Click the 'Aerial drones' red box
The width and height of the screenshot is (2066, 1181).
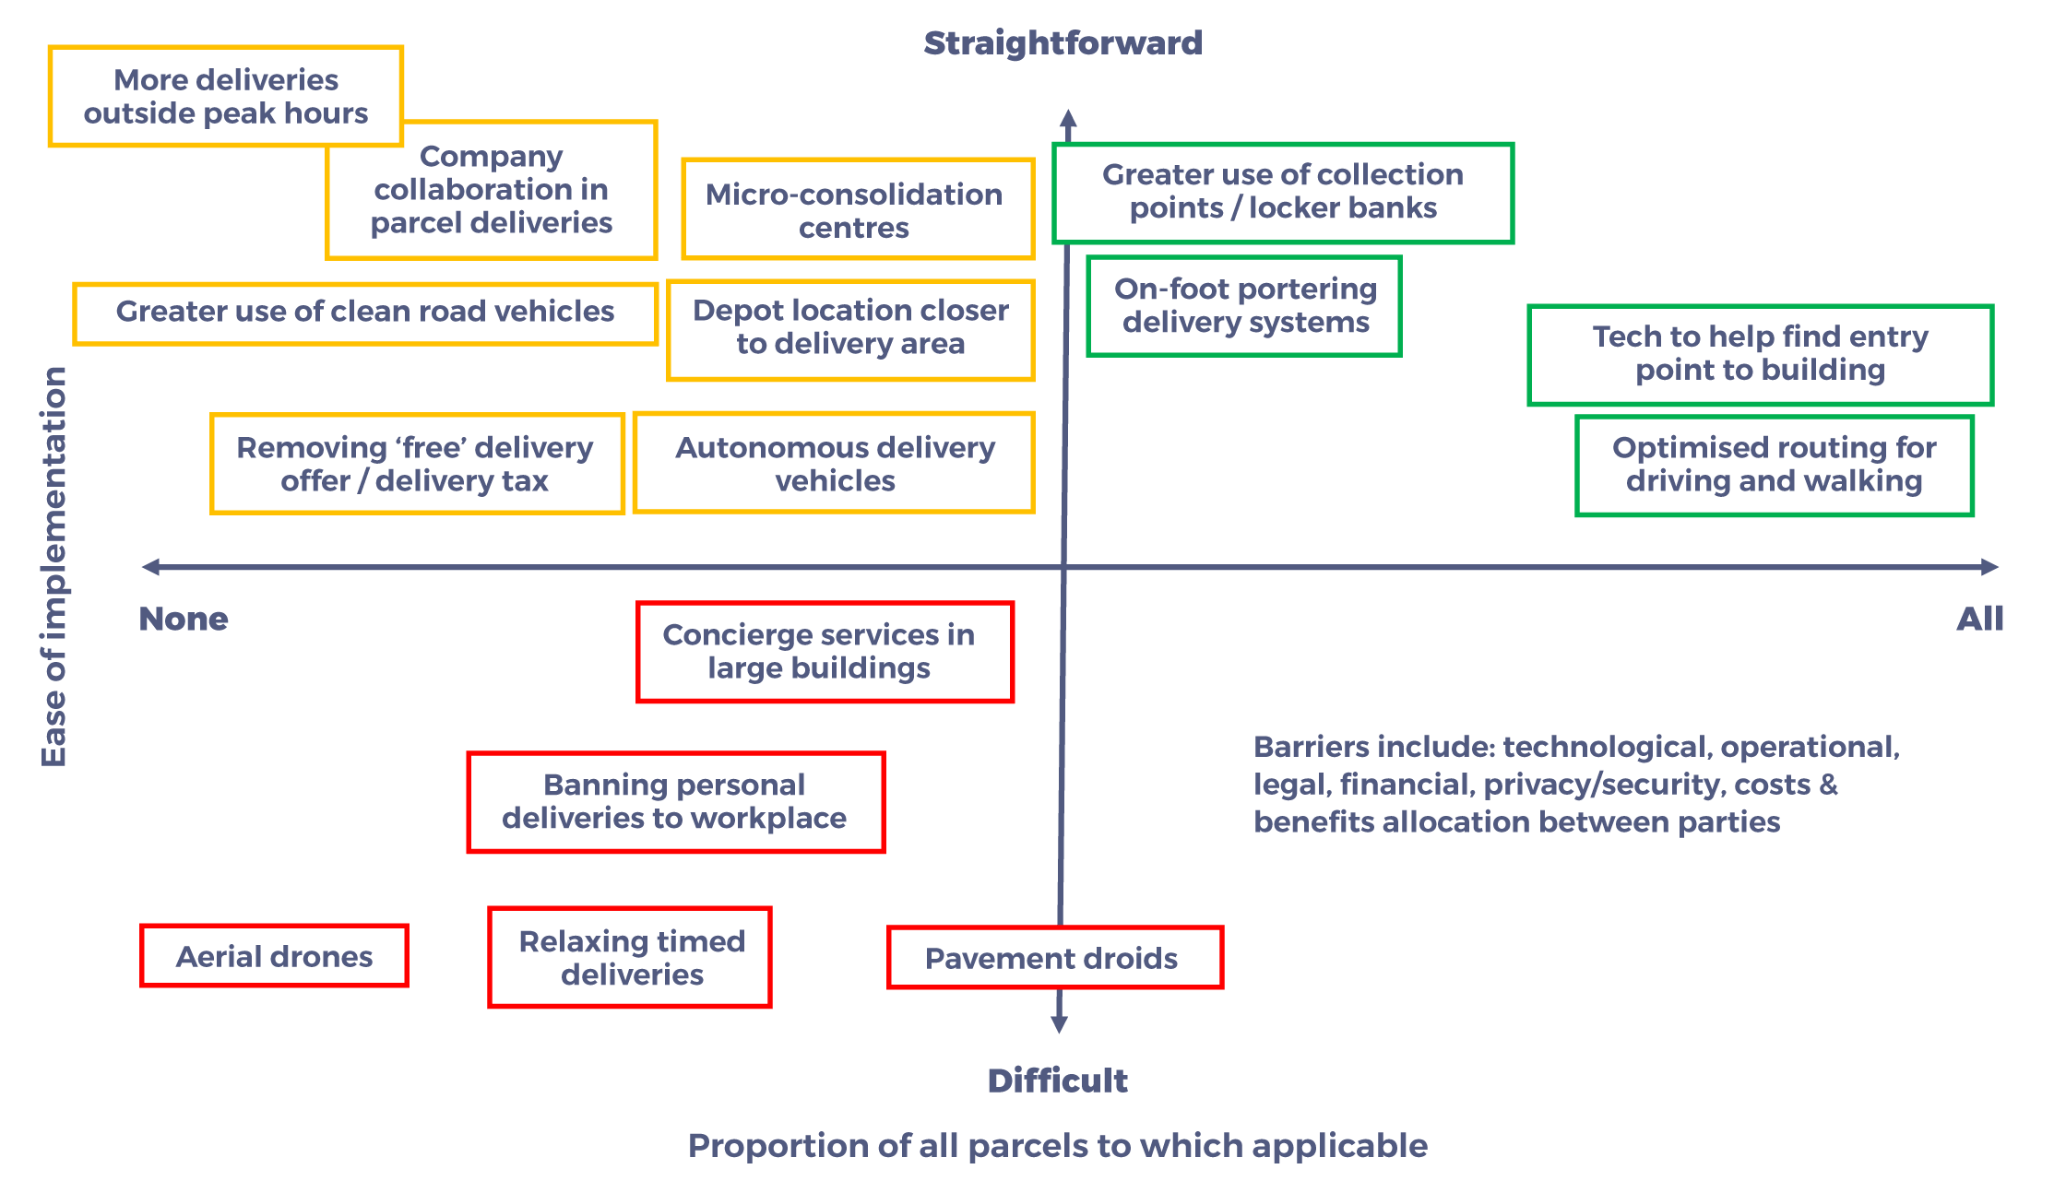(x=274, y=956)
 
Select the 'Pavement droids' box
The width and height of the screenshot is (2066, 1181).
(x=1055, y=958)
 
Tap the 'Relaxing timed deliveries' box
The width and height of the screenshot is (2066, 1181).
(x=630, y=958)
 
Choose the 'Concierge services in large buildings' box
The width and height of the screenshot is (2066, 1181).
(x=825, y=652)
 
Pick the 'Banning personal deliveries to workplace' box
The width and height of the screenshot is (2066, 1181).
(x=676, y=802)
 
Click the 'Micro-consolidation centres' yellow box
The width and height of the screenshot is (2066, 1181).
(x=859, y=209)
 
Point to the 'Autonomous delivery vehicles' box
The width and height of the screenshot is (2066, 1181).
(x=835, y=463)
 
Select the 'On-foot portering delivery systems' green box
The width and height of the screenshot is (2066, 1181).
(x=1244, y=306)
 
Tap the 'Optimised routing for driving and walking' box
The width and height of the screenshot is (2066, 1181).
(x=1775, y=466)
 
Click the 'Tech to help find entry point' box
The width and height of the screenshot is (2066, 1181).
(x=1761, y=355)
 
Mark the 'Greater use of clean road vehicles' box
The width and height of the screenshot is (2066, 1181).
(x=366, y=314)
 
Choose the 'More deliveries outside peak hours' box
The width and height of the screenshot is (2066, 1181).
(x=226, y=96)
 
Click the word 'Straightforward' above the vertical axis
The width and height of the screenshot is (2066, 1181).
(x=1063, y=43)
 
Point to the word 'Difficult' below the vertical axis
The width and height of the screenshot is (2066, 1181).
(x=1058, y=1081)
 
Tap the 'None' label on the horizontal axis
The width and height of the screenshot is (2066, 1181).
(x=184, y=619)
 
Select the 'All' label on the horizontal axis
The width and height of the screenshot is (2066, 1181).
(x=1980, y=619)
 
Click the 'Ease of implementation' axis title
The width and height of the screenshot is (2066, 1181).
(x=54, y=566)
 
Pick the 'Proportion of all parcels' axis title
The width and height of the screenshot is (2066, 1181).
(x=1058, y=1146)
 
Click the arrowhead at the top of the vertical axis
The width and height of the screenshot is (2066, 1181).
(x=1068, y=118)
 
